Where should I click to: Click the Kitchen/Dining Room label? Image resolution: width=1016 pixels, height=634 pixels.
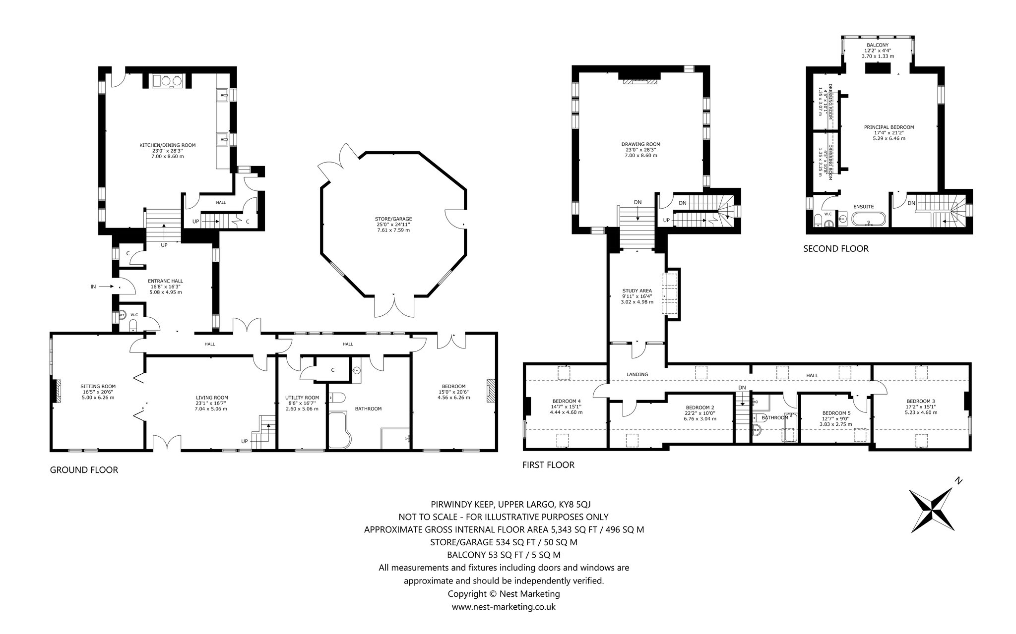pyautogui.click(x=167, y=145)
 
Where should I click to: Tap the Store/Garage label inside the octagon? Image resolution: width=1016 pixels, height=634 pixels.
pyautogui.click(x=393, y=219)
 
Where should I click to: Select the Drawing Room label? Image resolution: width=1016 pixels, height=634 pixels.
pyautogui.click(x=641, y=144)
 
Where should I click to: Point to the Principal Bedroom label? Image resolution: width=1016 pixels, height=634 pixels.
pyautogui.click(x=889, y=127)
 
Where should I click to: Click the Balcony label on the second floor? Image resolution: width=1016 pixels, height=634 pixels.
pyautogui.click(x=878, y=45)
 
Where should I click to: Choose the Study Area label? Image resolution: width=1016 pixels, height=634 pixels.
pyautogui.click(x=637, y=290)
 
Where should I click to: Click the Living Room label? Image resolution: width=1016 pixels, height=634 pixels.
pyautogui.click(x=212, y=397)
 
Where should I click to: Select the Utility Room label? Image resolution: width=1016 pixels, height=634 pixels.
pyautogui.click(x=302, y=397)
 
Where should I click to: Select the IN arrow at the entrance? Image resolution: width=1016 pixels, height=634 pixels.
pyautogui.click(x=106, y=287)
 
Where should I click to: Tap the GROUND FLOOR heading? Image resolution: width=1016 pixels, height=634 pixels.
pyautogui.click(x=84, y=469)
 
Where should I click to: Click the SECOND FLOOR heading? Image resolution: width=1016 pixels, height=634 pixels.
pyautogui.click(x=836, y=248)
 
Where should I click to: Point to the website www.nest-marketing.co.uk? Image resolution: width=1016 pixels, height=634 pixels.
pyautogui.click(x=504, y=606)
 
